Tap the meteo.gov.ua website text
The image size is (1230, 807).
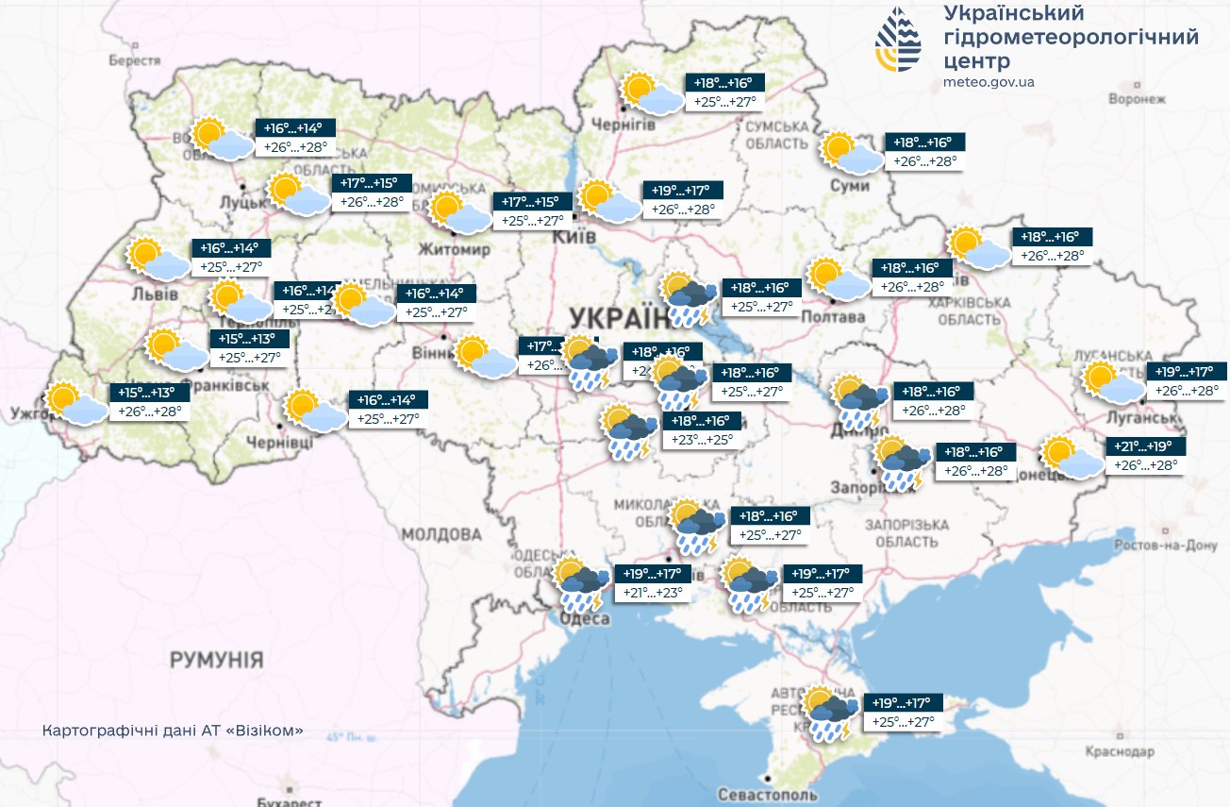coord(989,82)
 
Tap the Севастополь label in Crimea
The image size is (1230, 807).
coord(760,794)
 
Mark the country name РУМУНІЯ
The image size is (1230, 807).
coord(216,659)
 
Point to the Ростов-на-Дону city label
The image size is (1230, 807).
coord(1165,546)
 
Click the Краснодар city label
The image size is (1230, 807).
coord(1120,752)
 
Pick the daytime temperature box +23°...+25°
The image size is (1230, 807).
coord(702,439)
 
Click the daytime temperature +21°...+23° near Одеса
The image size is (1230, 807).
coord(653,593)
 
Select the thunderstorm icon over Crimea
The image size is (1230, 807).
coord(830,714)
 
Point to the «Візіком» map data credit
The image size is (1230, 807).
coord(173,731)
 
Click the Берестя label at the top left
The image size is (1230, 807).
coord(135,60)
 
